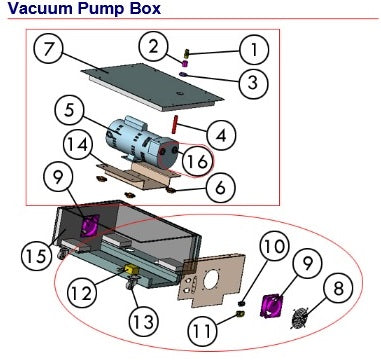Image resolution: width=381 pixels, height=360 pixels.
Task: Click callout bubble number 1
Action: pos(254,50)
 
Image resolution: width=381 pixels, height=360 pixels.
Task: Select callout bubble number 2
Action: pos(153,48)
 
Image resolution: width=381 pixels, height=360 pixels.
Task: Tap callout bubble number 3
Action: pos(253,81)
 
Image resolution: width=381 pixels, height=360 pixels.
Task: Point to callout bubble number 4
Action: pos(221,135)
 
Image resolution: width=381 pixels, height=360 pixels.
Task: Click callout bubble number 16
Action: pos(198,162)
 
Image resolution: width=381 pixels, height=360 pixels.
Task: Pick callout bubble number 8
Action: pos(338,289)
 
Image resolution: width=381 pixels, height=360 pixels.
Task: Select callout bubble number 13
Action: pos(143,321)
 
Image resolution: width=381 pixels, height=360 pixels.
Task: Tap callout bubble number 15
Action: pos(36,257)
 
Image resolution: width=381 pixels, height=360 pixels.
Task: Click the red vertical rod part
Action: pos(174,124)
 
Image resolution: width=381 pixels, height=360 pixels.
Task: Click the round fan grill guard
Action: pos(301,319)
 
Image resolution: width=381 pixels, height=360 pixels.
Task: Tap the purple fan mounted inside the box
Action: pos(90,225)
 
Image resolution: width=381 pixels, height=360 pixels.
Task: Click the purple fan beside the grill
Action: pos(271,306)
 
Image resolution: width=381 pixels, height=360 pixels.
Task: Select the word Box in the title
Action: pos(146,8)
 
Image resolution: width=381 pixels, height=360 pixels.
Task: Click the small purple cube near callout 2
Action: pos(185,63)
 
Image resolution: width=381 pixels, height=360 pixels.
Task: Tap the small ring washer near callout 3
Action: pos(183,75)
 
